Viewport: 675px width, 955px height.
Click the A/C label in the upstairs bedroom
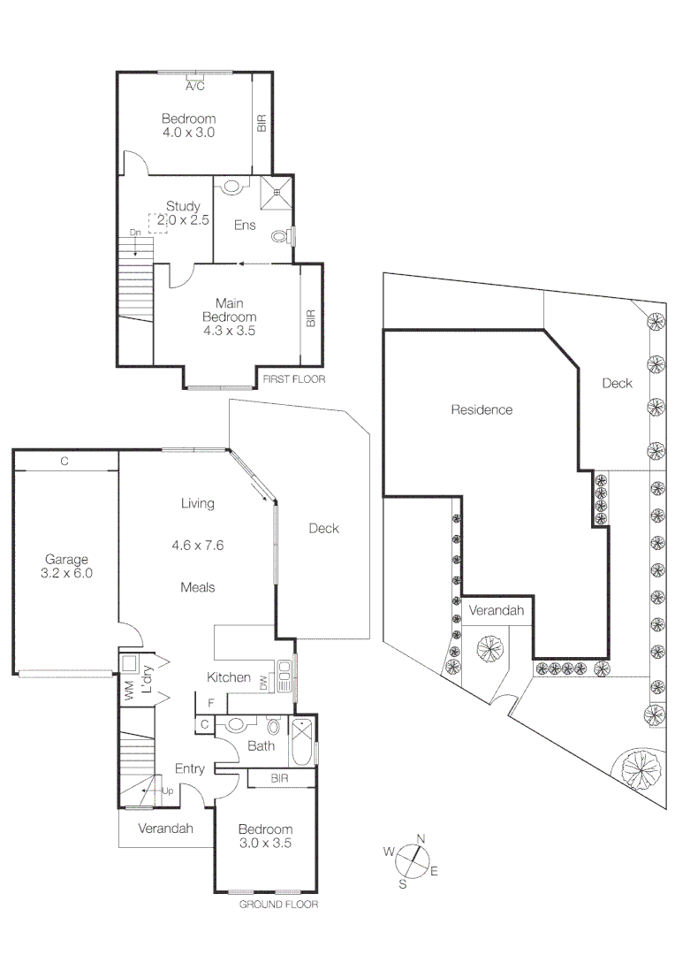[x=194, y=87]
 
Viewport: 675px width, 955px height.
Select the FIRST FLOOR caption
[x=293, y=378]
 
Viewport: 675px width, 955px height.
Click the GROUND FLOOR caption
[x=278, y=905]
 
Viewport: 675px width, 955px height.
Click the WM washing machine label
[x=129, y=692]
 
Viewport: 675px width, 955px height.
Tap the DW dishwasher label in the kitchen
[x=263, y=683]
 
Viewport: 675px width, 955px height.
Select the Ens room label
[x=245, y=225]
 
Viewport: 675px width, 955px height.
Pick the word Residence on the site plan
[x=482, y=409]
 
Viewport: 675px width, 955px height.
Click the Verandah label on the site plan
[x=497, y=611]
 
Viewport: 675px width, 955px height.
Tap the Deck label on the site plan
[x=618, y=383]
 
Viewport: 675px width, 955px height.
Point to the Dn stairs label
[x=135, y=233]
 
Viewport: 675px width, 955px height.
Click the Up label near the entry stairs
[x=167, y=791]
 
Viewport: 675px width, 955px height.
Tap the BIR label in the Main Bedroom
[x=310, y=318]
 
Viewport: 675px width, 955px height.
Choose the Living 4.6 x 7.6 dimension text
[x=198, y=546]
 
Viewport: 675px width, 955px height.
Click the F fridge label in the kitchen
[x=210, y=703]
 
